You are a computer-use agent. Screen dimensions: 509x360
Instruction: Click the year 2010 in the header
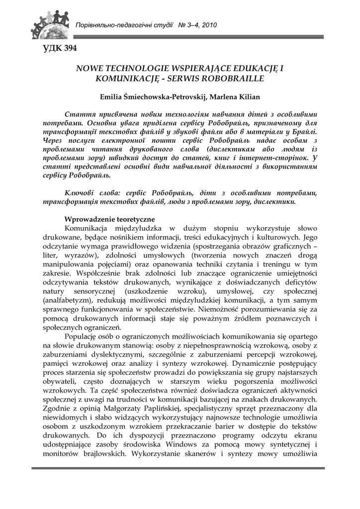[x=209, y=25]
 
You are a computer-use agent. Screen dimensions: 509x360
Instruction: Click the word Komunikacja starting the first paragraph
[x=90, y=229]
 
